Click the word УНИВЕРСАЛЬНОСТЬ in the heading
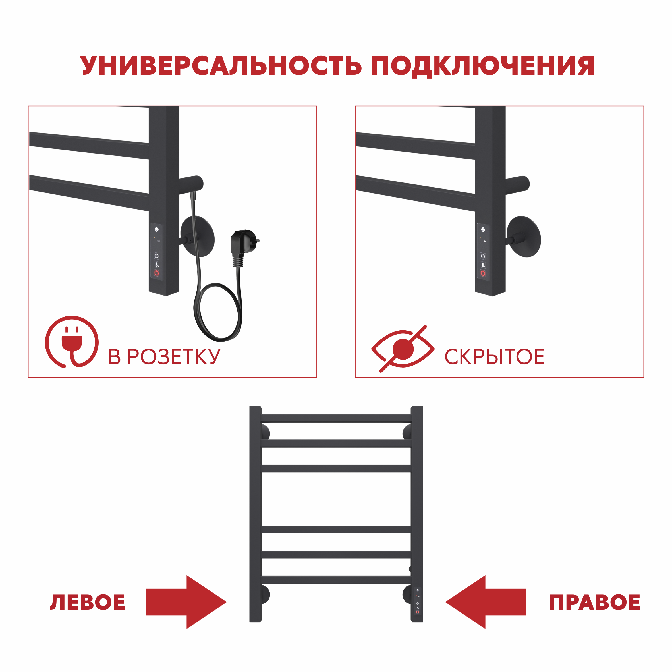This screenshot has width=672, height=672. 221,66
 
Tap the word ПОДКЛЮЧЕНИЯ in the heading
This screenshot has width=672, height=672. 482,66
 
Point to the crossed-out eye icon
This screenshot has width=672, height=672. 403,349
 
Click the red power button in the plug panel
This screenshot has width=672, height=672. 157,273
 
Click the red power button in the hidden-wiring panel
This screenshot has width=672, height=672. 483,273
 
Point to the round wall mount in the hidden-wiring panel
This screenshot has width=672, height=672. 524,237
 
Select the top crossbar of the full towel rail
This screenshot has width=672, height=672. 336,418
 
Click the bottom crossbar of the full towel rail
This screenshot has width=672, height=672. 336,580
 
